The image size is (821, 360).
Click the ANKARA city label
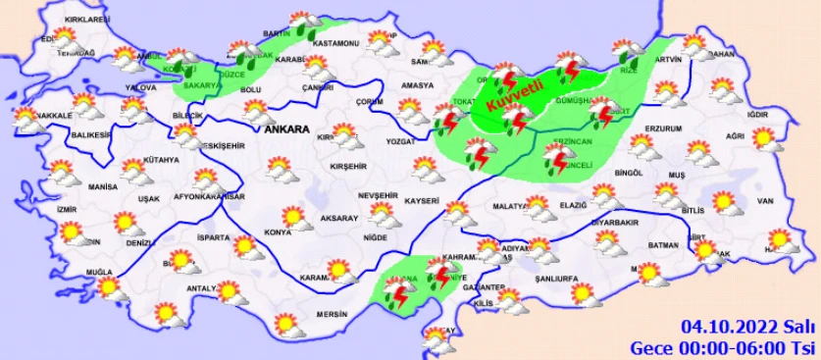coord(286,129)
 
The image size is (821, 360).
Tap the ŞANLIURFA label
coord(555,277)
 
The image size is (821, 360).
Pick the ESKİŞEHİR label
coord(203,145)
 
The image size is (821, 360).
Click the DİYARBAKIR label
coord(613,223)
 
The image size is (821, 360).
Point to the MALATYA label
coord(510,206)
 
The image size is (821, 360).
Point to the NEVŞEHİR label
coord(377,196)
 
